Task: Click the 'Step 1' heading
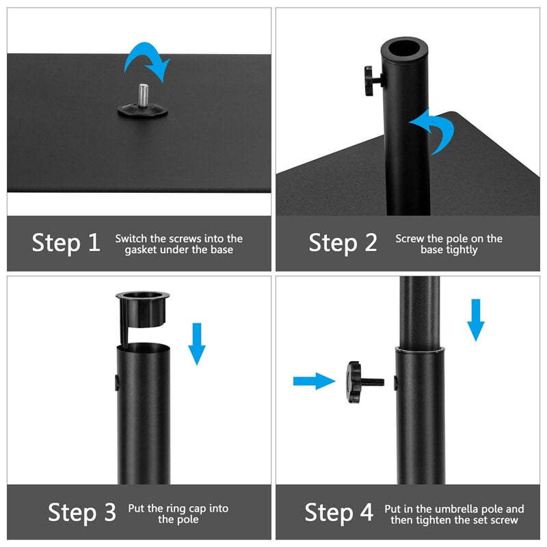tap(66, 243)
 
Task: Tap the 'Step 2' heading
tap(343, 243)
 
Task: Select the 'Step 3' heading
tap(82, 513)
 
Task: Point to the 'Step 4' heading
tap(338, 513)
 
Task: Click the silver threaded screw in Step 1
tap(144, 94)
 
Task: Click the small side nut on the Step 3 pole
tap(116, 379)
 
